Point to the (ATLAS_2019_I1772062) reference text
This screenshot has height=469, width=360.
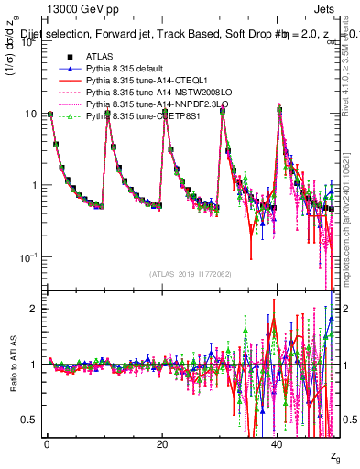pos(193,274)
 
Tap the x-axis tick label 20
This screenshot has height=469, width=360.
pos(162,445)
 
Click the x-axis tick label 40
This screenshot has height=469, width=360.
pos(278,445)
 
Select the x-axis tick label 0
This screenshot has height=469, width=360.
pos(47,445)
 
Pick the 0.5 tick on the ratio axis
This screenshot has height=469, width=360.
pos(27,420)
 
